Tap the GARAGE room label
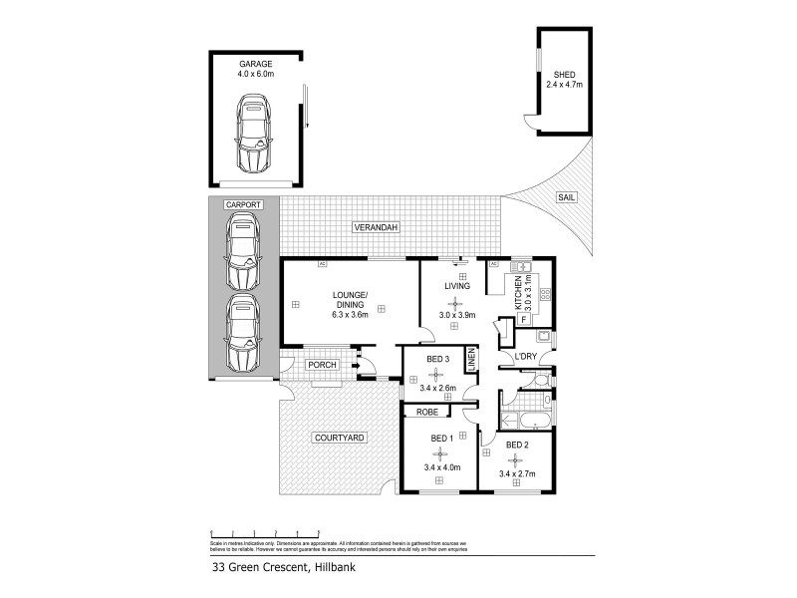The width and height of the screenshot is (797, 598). coord(254,63)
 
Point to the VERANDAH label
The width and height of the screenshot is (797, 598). coord(376,228)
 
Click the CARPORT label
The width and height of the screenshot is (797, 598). coord(243,204)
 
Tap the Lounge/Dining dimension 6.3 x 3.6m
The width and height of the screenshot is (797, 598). coord(350,315)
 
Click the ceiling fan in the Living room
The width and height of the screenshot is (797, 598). coord(456,302)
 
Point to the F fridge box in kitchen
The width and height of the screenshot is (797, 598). coord(525,321)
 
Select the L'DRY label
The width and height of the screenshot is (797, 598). coord(526,358)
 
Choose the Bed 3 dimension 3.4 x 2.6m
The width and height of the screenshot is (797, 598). coord(438,389)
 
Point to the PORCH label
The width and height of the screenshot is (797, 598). coord(322,365)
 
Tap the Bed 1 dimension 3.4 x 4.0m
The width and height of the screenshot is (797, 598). coord(438,466)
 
